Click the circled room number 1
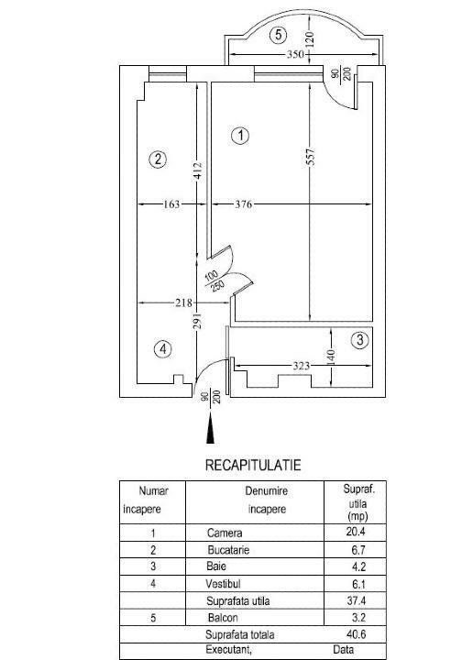(240, 136)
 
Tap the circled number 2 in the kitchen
(159, 159)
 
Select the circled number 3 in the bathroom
(359, 340)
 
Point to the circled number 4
(163, 349)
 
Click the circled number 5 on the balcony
(278, 35)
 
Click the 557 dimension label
(311, 157)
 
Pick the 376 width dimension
(243, 204)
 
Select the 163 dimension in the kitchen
(171, 204)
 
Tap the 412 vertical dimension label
(198, 170)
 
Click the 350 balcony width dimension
(295, 54)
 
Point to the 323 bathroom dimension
(301, 366)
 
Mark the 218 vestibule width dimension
(183, 302)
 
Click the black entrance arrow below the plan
(210, 428)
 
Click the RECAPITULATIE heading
(253, 465)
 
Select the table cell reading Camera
(225, 533)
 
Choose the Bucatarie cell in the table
(228, 550)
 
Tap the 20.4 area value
(356, 532)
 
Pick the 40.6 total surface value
(356, 634)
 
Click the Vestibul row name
(223, 584)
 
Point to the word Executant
(228, 650)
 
